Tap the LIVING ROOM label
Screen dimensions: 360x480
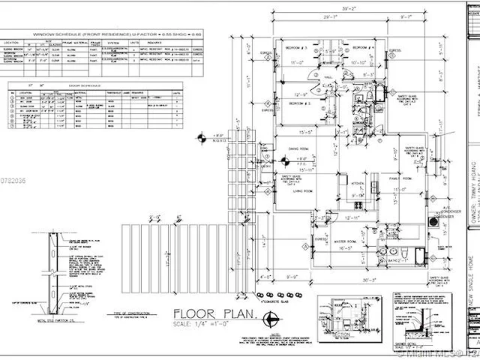(302, 191)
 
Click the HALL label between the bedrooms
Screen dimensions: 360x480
(328, 76)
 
